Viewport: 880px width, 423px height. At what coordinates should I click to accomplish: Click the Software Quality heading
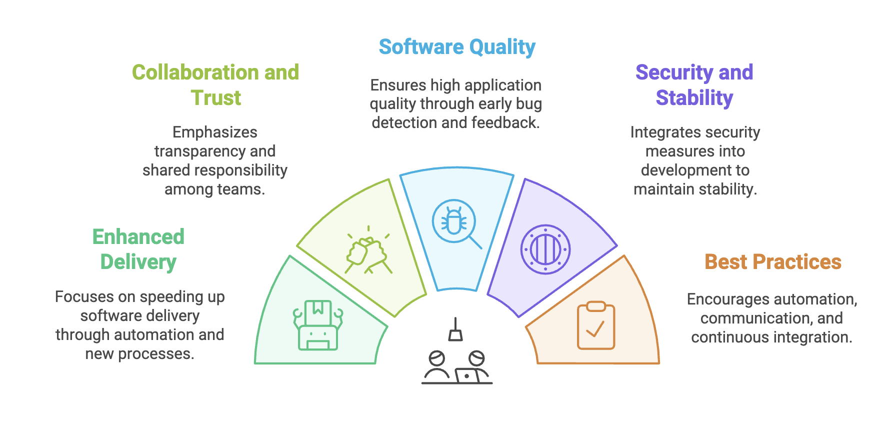coord(457,47)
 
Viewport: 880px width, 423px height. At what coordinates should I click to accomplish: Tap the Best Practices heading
coord(773,262)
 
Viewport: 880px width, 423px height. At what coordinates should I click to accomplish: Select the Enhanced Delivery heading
coord(138,249)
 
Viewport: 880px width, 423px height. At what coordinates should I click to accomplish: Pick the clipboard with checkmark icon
coord(596,325)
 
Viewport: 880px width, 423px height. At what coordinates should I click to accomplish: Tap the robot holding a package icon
coord(318,325)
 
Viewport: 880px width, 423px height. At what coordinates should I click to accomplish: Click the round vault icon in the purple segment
coord(545,249)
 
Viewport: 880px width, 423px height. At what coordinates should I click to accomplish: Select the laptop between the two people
coord(467,375)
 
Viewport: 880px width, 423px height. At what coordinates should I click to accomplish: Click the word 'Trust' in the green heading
coord(216,98)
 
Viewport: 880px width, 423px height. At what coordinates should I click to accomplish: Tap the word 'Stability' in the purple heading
coord(694,98)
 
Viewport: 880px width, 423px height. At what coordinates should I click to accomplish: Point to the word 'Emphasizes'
coord(215,132)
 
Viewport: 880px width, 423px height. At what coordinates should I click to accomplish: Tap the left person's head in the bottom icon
coord(437,358)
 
